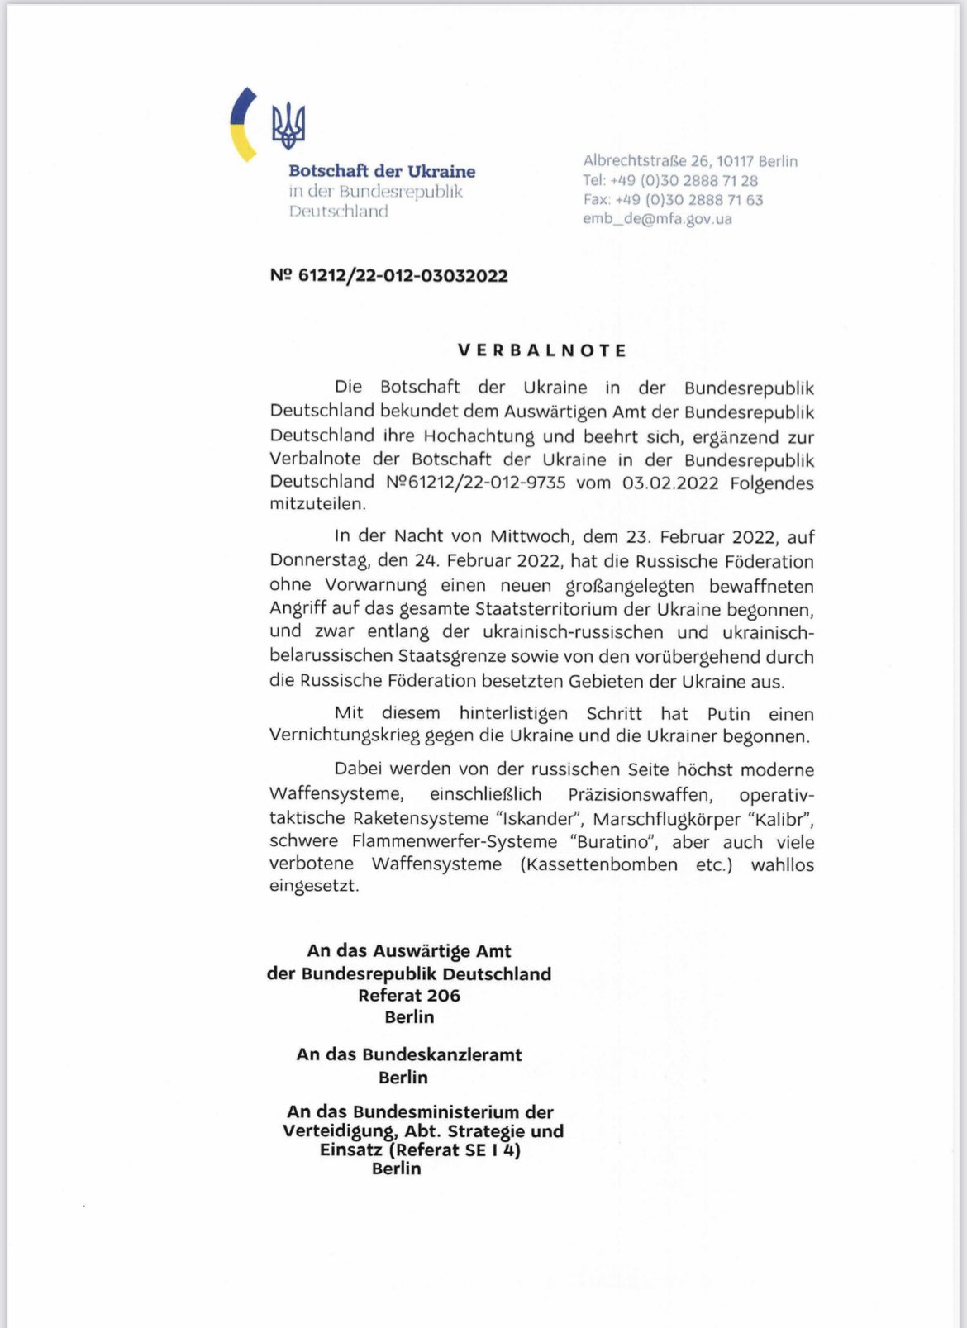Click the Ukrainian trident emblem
click(x=288, y=126)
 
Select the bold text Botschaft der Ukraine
click(x=382, y=171)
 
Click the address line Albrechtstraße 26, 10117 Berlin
click(x=690, y=161)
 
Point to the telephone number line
click(x=669, y=180)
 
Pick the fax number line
click(x=673, y=200)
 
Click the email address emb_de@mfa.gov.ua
click(x=657, y=219)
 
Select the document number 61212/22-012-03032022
click(x=389, y=276)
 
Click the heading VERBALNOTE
click(x=543, y=350)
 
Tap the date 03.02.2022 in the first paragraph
click(x=670, y=483)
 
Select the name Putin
click(x=728, y=714)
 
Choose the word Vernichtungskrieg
click(x=345, y=736)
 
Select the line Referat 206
click(x=409, y=996)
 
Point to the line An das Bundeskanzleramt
click(x=409, y=1054)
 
